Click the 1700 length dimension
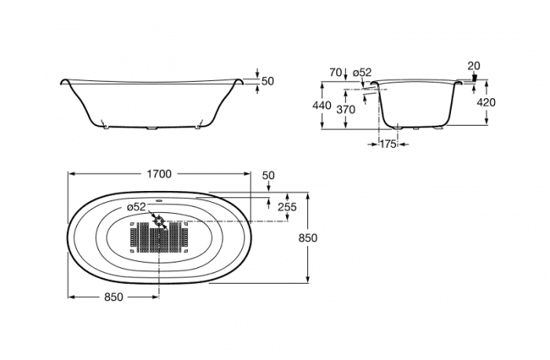pyautogui.click(x=159, y=174)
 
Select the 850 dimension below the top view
pyautogui.click(x=114, y=297)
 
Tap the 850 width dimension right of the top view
pyautogui.click(x=308, y=238)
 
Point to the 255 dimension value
pyautogui.click(x=287, y=207)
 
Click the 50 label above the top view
pyautogui.click(x=269, y=175)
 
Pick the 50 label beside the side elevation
pyautogui.click(x=268, y=81)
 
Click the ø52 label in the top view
pyautogui.click(x=136, y=207)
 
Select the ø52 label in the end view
pyautogui.click(x=362, y=72)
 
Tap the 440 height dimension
pyautogui.click(x=321, y=105)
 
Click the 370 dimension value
pyautogui.click(x=346, y=109)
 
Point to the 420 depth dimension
pyautogui.click(x=486, y=102)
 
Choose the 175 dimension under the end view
pyautogui.click(x=388, y=144)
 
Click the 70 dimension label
pyautogui.click(x=335, y=72)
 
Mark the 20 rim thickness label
pyautogui.click(x=474, y=65)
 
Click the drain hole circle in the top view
pyautogui.click(x=159, y=222)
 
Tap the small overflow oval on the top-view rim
pyautogui.click(x=159, y=201)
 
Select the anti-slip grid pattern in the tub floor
pyautogui.click(x=159, y=237)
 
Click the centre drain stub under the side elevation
pyautogui.click(x=152, y=128)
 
